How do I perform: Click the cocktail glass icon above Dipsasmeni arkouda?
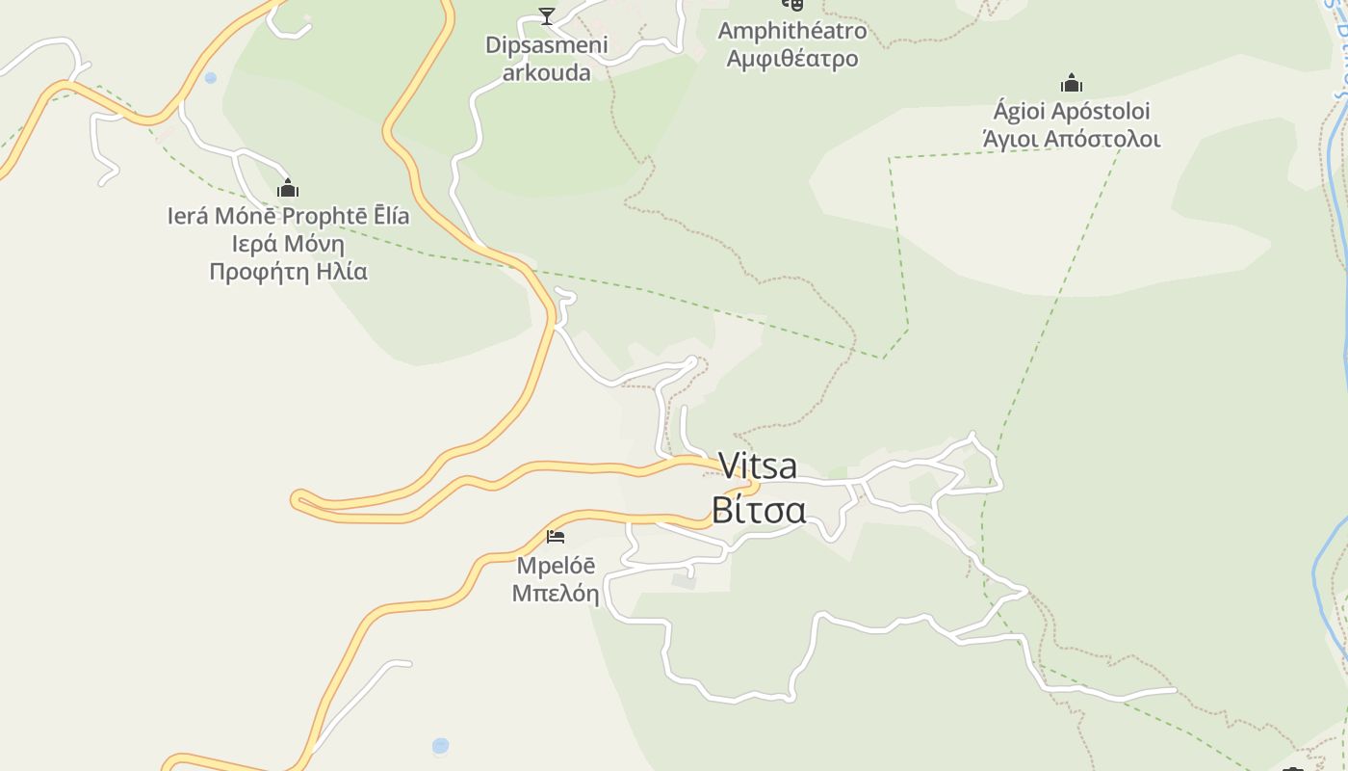[x=547, y=15]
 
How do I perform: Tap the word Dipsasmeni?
[x=546, y=45]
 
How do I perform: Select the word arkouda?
[x=546, y=72]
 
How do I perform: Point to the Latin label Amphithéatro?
[x=791, y=31]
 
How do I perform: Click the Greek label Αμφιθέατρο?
[x=791, y=59]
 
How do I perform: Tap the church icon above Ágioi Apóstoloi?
[x=1072, y=83]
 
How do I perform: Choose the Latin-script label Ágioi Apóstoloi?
[x=1072, y=112]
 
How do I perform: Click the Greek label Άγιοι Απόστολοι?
[x=1072, y=139]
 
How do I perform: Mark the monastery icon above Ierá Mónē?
[x=287, y=188]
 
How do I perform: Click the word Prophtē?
[x=320, y=216]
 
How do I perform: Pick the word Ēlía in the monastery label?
[x=386, y=216]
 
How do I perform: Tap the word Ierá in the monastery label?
[x=188, y=216]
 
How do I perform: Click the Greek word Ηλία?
[x=341, y=272]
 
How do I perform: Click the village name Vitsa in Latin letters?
[x=758, y=466]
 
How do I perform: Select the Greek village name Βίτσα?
[x=758, y=510]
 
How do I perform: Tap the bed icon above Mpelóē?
[x=556, y=537]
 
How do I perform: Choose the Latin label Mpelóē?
[x=556, y=565]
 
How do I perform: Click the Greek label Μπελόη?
[x=556, y=593]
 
